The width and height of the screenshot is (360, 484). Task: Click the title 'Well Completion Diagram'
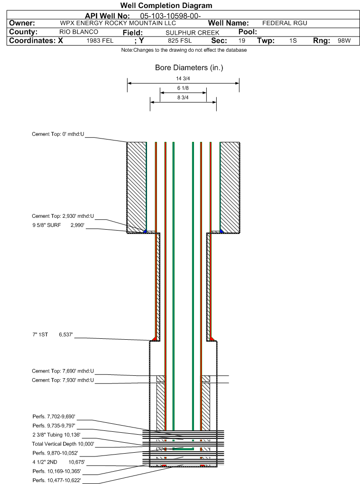point(166,6)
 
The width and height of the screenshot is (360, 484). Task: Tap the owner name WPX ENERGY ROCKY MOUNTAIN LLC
point(118,23)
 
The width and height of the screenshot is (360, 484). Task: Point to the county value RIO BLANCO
point(79,32)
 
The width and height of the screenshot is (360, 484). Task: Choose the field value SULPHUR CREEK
point(193,32)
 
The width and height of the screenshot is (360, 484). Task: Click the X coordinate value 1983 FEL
point(100,41)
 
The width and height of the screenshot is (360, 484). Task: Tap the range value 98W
point(344,41)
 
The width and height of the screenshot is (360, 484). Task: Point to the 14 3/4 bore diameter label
point(183,79)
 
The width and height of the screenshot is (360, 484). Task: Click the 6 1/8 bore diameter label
point(183,88)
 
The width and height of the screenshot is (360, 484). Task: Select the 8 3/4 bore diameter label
point(183,97)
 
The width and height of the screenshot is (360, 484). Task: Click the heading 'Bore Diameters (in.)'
point(189,68)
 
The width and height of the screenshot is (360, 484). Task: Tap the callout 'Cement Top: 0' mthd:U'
point(58,134)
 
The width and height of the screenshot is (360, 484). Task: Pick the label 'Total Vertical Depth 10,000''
point(63,444)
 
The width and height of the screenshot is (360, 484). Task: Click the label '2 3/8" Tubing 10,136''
point(56,435)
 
